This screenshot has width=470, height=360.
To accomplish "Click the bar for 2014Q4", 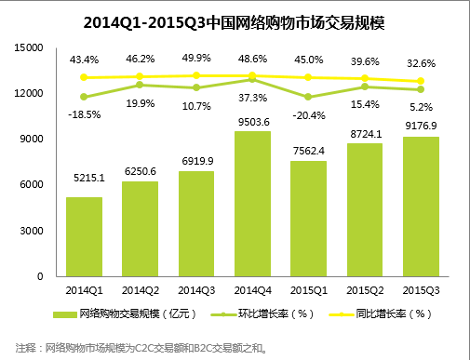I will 252,204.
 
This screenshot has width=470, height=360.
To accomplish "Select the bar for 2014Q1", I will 84,236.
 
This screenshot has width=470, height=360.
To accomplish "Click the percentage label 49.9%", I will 195,57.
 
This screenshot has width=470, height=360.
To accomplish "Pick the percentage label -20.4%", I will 308,115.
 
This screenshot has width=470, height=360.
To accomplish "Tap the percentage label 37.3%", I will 252,97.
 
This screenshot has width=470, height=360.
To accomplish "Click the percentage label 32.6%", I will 421,62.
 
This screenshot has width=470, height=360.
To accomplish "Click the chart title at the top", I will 234,20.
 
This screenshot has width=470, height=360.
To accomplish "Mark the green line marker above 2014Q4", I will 252,80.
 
